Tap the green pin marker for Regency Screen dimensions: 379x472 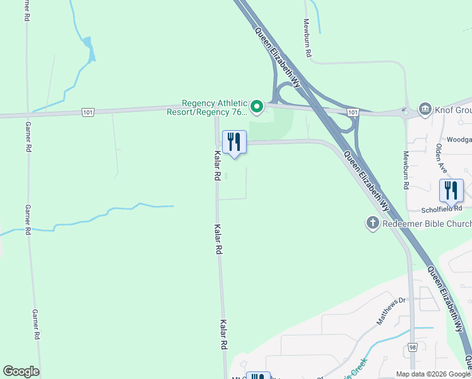[x=256, y=107]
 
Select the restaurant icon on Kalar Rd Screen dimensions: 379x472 [x=234, y=142]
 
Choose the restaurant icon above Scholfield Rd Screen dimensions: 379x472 [x=451, y=190]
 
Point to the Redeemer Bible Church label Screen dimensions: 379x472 [x=427, y=224]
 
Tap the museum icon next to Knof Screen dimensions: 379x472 [x=424, y=109]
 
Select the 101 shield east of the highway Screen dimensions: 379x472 [x=353, y=112]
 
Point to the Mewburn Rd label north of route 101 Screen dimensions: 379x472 [x=307, y=38]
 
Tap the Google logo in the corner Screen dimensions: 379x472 [x=21, y=371]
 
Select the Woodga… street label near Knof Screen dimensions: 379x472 [x=459, y=140]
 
